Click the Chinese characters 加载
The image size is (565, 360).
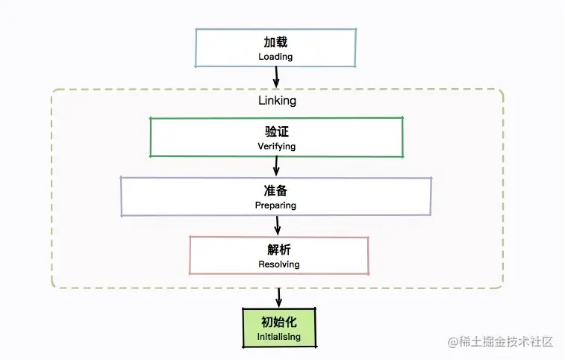[x=275, y=43]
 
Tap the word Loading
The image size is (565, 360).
[x=275, y=57]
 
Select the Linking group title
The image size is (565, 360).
[x=276, y=100]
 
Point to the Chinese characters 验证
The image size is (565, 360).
[x=276, y=132]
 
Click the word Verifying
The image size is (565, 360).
[x=276, y=146]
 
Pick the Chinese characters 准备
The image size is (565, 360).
[x=276, y=190]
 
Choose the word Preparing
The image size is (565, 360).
[x=276, y=205]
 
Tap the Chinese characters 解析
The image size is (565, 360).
[x=279, y=249]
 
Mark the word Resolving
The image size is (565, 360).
[x=279, y=264]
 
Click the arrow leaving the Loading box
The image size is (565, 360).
[x=276, y=76]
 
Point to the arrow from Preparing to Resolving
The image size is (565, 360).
[x=278, y=225]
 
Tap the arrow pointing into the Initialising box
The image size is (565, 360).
[x=279, y=297]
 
